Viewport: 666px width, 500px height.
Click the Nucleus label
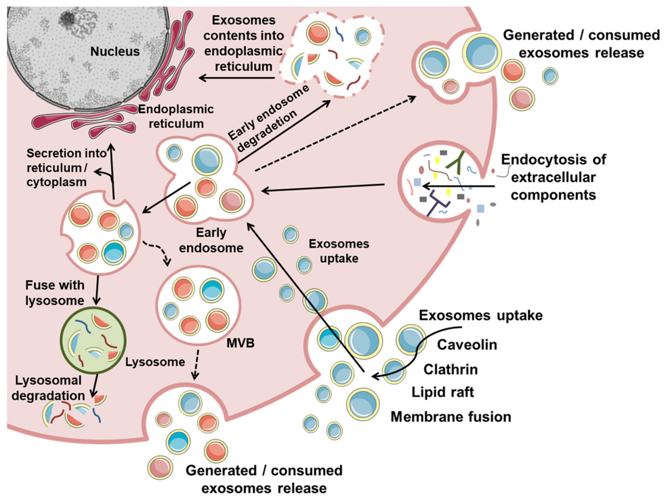point(115,51)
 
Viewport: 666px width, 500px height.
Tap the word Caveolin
point(467,345)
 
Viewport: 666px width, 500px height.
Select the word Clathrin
point(450,369)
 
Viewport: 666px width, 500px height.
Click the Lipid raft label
point(443,392)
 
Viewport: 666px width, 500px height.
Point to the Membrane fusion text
point(451,417)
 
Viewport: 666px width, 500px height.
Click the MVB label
point(240,343)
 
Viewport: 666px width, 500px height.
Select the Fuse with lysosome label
point(55,293)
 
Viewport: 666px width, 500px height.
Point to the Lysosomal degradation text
point(48,388)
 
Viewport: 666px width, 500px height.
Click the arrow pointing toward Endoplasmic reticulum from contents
point(236,78)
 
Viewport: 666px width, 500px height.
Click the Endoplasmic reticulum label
point(176,116)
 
